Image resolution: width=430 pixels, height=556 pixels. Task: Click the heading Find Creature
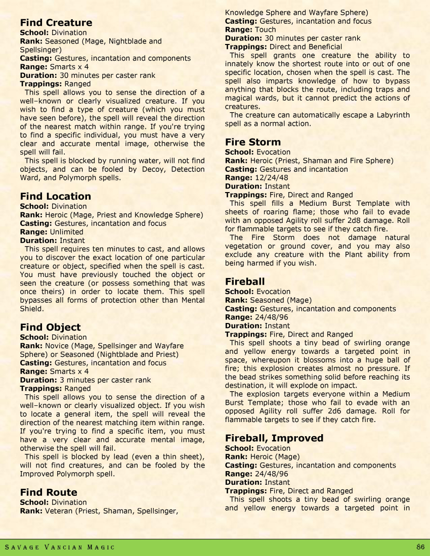click(56, 23)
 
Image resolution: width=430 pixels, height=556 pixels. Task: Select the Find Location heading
click(56, 196)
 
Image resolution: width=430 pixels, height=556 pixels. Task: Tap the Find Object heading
click(50, 327)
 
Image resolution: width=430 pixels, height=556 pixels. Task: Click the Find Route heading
click(49, 492)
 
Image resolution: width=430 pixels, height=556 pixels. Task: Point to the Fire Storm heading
click(253, 142)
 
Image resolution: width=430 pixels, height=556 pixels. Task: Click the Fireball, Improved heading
click(274, 438)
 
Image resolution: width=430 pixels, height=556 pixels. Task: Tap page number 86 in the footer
click(420, 547)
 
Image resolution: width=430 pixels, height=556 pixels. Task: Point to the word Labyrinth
click(391, 115)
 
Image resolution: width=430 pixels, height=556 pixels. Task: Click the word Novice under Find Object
click(57, 346)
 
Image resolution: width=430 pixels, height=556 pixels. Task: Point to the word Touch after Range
click(266, 30)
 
